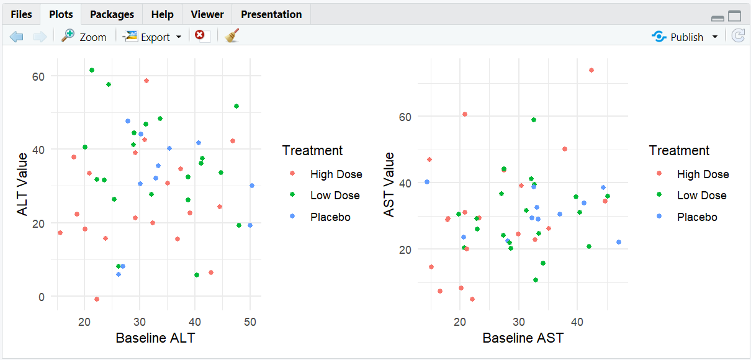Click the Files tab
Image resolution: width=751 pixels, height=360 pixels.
tap(21, 14)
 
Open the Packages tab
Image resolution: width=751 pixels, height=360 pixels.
tap(112, 14)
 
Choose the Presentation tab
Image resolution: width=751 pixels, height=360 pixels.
tap(271, 14)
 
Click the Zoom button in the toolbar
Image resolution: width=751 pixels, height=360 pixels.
tap(84, 37)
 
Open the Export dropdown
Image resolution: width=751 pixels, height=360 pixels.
tap(153, 37)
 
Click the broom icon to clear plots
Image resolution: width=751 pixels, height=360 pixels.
tap(232, 36)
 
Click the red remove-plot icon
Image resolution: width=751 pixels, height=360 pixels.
tap(200, 35)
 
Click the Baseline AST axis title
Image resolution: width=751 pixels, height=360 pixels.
tap(523, 338)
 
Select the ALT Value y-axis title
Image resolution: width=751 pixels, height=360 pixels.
tap(23, 184)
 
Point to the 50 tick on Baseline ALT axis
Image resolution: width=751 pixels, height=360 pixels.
tap(250, 321)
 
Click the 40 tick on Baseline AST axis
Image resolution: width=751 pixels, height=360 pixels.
tap(577, 321)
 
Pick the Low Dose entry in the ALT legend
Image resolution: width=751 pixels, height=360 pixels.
tap(335, 196)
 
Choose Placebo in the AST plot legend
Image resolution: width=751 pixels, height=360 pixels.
tap(697, 217)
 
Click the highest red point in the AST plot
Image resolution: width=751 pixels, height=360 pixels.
tap(591, 70)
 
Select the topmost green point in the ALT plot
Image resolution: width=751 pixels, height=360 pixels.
tap(92, 70)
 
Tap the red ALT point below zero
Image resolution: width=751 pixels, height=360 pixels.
tap(97, 299)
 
